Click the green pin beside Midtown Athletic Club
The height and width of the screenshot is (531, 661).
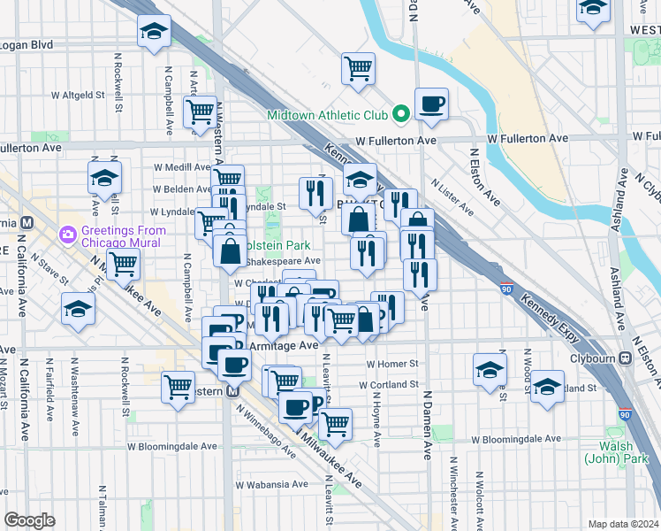coord(400,114)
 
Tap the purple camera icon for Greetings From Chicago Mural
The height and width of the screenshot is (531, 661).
coord(67,235)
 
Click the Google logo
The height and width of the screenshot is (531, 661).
coord(30,520)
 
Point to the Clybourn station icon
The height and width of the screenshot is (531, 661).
coord(625,358)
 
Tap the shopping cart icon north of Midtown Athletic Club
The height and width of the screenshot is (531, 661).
coord(358,67)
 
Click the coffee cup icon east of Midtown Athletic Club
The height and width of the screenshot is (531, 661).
coord(431,104)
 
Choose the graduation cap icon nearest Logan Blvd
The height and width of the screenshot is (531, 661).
coord(154,33)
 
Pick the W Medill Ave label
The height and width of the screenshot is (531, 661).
coord(181,165)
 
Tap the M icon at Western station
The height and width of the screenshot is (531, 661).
coord(233,391)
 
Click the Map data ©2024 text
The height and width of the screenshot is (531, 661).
coord(622,524)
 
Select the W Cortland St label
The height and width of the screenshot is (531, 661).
coord(390,385)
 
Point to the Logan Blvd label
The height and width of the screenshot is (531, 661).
coord(27,44)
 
